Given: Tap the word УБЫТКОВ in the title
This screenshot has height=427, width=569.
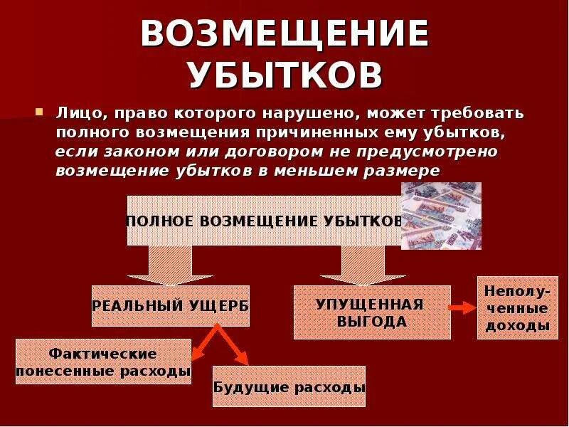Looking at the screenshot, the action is [x=284, y=73].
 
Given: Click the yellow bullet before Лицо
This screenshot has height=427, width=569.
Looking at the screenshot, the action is [x=41, y=112].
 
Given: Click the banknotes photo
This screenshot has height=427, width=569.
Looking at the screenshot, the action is [x=441, y=216].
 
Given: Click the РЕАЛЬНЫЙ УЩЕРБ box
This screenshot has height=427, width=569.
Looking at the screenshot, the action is [x=171, y=305].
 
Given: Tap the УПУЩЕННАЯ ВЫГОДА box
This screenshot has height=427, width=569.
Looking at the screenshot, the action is [x=371, y=312].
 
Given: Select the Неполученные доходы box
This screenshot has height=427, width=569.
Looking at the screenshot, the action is [x=516, y=308].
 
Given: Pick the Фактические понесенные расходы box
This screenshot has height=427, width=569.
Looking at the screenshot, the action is [x=103, y=362].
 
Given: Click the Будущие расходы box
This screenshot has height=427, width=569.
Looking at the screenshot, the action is [x=289, y=387].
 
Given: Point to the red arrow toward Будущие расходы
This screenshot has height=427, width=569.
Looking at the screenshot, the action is [x=235, y=348].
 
